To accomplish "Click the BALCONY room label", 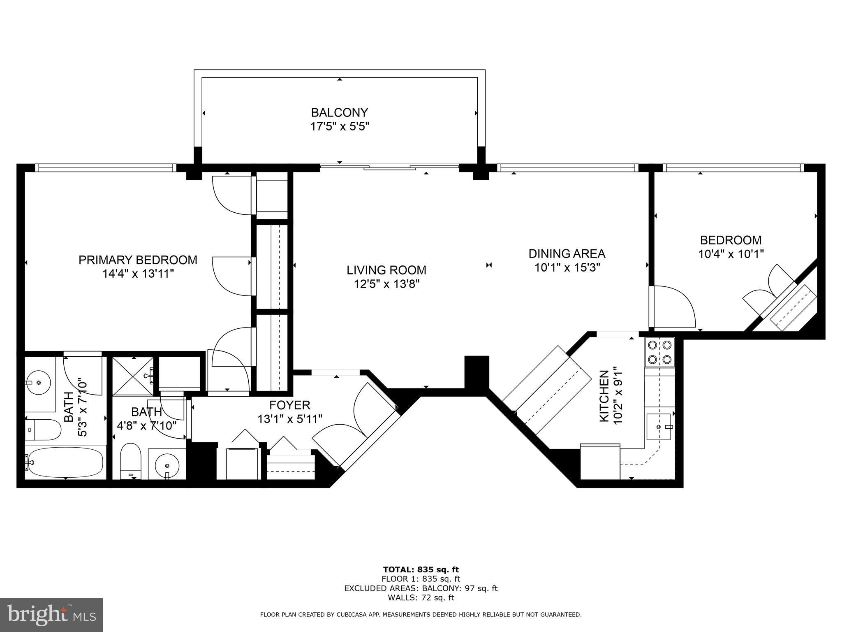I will (339, 112).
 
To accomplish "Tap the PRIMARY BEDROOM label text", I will (138, 260).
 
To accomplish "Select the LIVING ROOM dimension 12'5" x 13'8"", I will (386, 284).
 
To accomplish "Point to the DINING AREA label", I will (567, 253).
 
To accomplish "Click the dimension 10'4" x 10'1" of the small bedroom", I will (731, 254).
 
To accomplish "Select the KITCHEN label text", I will (604, 396).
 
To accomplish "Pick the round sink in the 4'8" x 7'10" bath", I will (167, 465).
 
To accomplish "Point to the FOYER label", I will (290, 405).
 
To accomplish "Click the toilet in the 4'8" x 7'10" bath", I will (131, 460).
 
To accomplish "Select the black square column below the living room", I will (477, 372).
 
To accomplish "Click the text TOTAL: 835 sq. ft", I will (421, 569).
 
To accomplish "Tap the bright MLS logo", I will (51, 615).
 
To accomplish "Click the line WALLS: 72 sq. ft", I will (421, 598).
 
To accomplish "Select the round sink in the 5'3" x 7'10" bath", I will (38, 383).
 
